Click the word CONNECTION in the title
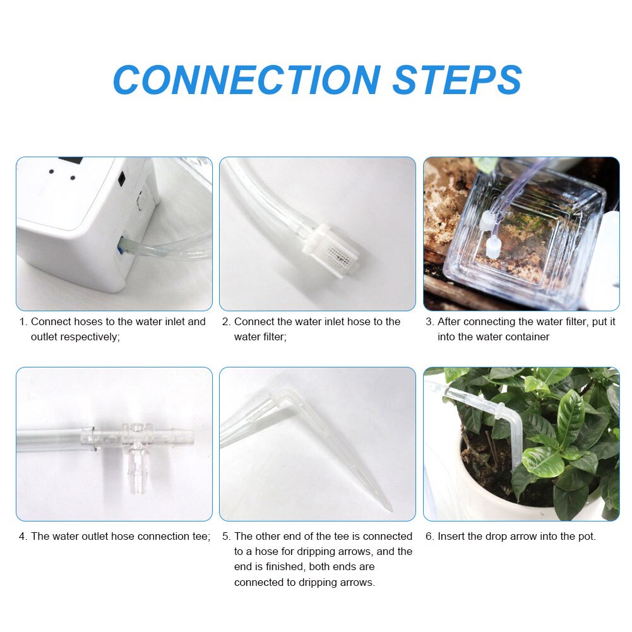(x=246, y=80)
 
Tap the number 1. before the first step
(x=23, y=322)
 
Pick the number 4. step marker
(x=23, y=537)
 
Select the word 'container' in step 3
(x=526, y=337)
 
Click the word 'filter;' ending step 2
(x=273, y=337)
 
